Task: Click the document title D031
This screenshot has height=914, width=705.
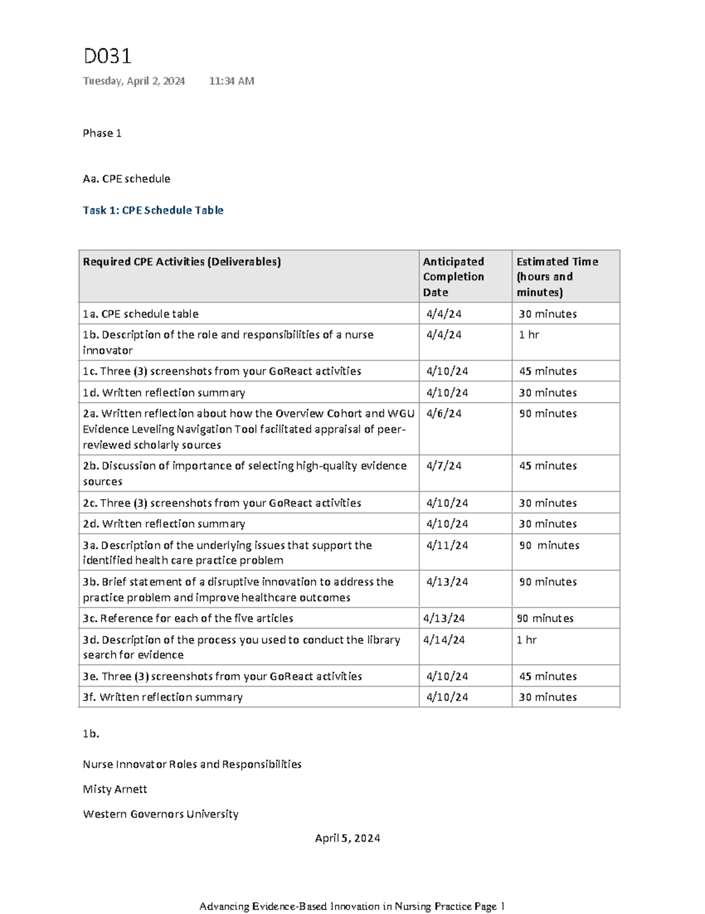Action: tap(107, 56)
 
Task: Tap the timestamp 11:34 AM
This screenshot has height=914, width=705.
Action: tap(231, 81)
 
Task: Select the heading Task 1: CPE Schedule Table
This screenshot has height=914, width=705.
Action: tap(153, 210)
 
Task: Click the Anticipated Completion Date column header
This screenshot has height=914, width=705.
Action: tap(454, 277)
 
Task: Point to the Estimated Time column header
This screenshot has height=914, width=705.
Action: tap(557, 277)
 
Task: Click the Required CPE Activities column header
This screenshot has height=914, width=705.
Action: tap(182, 262)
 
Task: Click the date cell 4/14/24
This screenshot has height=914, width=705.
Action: tap(444, 640)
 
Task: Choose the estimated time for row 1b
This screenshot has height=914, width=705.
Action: tap(529, 335)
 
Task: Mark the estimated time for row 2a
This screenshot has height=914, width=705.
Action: tap(548, 414)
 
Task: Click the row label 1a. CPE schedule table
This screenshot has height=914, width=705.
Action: tap(141, 314)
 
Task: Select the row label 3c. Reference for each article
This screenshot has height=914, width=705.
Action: tap(188, 619)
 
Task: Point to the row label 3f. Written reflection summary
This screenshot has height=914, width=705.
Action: tap(163, 697)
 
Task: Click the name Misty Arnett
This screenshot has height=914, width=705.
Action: tap(115, 789)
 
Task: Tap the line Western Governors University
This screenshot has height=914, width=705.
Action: tap(160, 814)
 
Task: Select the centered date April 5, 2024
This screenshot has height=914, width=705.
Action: tap(347, 838)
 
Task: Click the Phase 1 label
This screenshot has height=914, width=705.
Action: tap(102, 133)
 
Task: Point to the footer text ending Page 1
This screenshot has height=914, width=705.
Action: tap(352, 906)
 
